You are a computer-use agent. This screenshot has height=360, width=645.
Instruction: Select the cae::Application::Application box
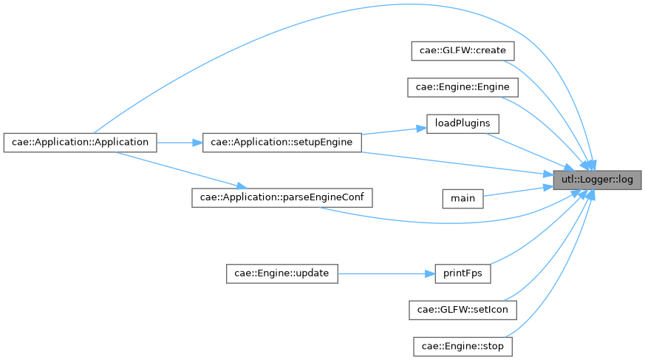coord(80,141)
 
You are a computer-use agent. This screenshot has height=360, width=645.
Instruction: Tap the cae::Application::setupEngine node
coord(281,141)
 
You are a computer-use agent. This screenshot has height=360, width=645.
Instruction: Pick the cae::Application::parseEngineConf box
coord(281,197)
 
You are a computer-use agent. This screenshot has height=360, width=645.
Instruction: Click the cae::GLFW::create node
coord(463,51)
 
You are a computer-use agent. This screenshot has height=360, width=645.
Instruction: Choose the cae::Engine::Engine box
coord(463,87)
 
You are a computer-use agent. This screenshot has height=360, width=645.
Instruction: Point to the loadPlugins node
coord(463,123)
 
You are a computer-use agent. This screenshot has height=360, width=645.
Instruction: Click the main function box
coord(463,198)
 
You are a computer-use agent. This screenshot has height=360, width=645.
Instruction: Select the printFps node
coord(463,273)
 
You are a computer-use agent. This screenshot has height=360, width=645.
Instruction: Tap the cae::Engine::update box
coord(281,273)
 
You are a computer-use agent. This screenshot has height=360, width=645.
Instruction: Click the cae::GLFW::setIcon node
coord(463,309)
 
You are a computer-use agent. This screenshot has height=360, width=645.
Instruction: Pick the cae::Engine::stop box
coord(463,345)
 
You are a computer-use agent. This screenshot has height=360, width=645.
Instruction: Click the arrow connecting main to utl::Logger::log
coord(517,190)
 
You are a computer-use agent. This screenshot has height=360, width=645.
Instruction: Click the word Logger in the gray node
coord(593,179)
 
